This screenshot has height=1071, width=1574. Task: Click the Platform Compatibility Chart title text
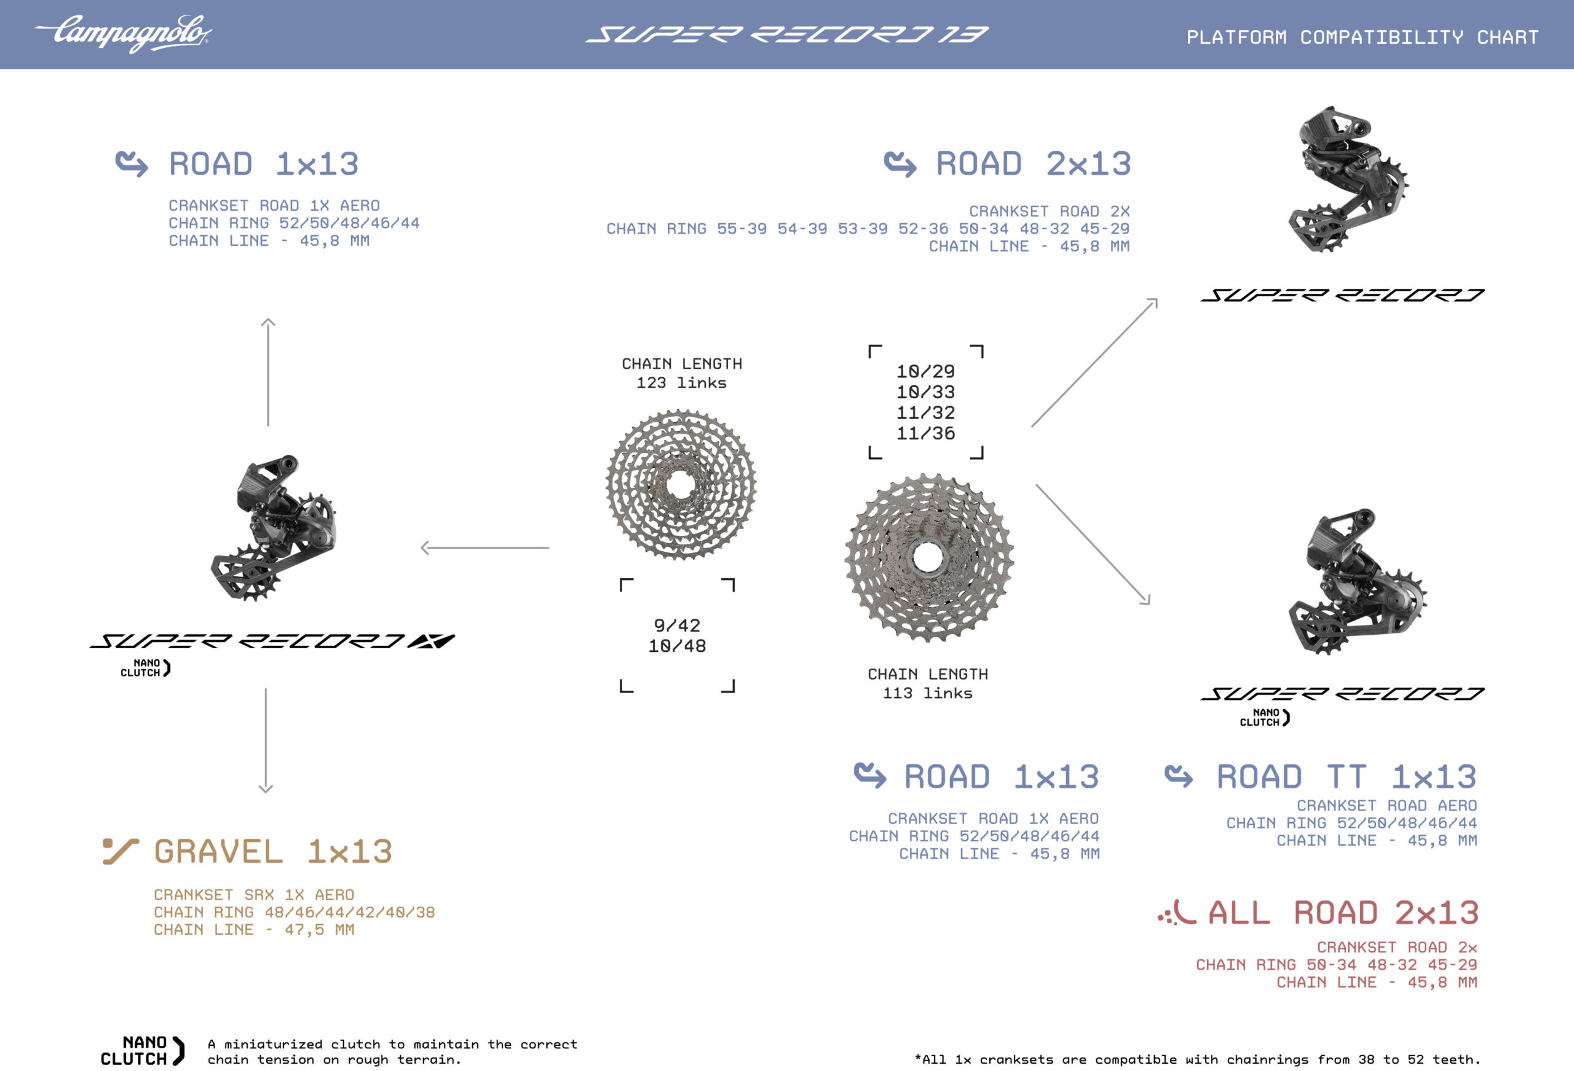tap(1362, 37)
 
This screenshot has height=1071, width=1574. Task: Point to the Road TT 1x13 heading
tap(1346, 777)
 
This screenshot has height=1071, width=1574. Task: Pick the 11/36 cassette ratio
tap(925, 433)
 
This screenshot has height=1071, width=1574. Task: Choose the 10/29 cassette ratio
tap(925, 372)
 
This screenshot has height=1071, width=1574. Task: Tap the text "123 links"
tap(681, 383)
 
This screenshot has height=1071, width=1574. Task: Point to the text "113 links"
tap(927, 693)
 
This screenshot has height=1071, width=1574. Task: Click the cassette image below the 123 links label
tap(681, 485)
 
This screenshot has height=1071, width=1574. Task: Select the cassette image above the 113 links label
tap(928, 557)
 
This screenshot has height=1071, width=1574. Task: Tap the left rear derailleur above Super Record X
tap(274, 528)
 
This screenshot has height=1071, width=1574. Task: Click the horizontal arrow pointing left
tap(484, 547)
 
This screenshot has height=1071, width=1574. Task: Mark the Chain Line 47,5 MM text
tap(253, 930)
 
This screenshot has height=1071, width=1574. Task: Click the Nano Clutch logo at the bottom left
tap(141, 1051)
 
